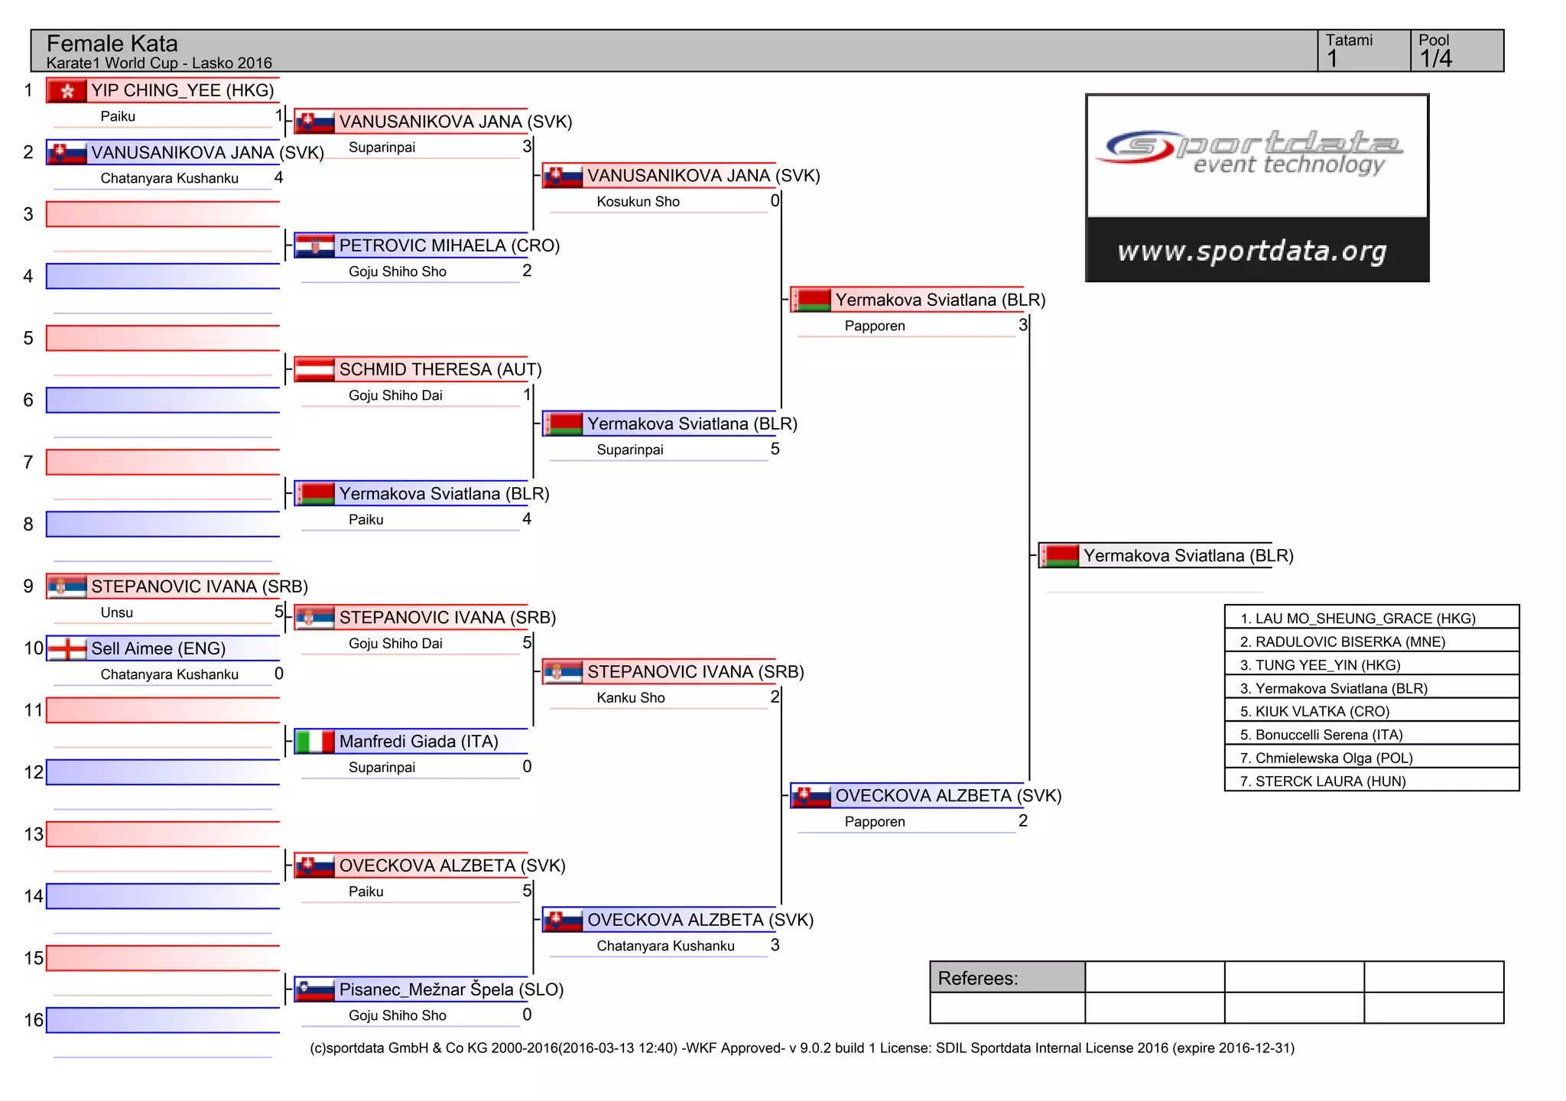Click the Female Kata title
(112, 44)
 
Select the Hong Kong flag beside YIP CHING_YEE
(67, 91)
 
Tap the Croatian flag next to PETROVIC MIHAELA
(314, 246)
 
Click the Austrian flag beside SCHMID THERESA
(314, 370)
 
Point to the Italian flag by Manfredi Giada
(314, 742)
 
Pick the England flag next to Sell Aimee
(67, 649)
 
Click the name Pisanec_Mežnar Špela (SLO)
(451, 989)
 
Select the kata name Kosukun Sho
(638, 202)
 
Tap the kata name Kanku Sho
(630, 698)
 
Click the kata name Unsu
(116, 612)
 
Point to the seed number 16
(33, 1020)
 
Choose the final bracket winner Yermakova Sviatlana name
(1187, 556)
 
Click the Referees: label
(977, 979)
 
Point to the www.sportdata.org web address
(1252, 251)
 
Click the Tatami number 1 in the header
(1333, 59)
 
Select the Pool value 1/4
(1435, 59)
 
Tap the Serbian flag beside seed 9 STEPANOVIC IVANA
(67, 587)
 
